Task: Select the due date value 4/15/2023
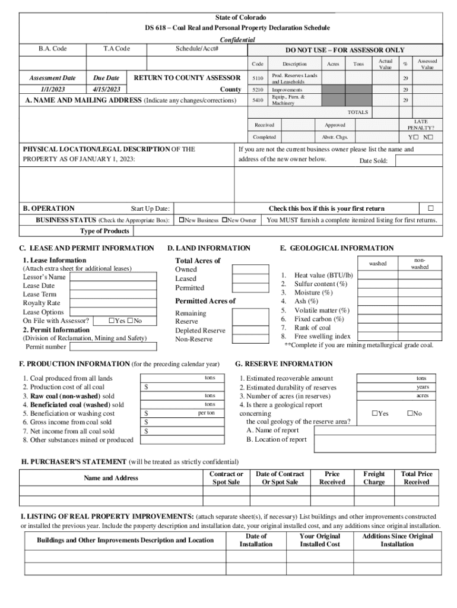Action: tap(106, 89)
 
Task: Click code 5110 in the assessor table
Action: tap(258, 78)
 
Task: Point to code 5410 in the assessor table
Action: tap(258, 100)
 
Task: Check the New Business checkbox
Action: tap(182, 220)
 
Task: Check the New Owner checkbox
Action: tap(225, 220)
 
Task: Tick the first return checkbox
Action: tap(431, 208)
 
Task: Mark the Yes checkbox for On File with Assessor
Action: tap(110, 321)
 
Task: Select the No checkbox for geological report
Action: tap(409, 413)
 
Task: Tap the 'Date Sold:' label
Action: tap(373, 161)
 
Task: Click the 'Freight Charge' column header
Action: tap(374, 478)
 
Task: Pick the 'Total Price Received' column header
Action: tap(417, 478)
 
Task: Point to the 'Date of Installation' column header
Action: tap(256, 540)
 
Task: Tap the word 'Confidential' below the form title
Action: tap(237, 40)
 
